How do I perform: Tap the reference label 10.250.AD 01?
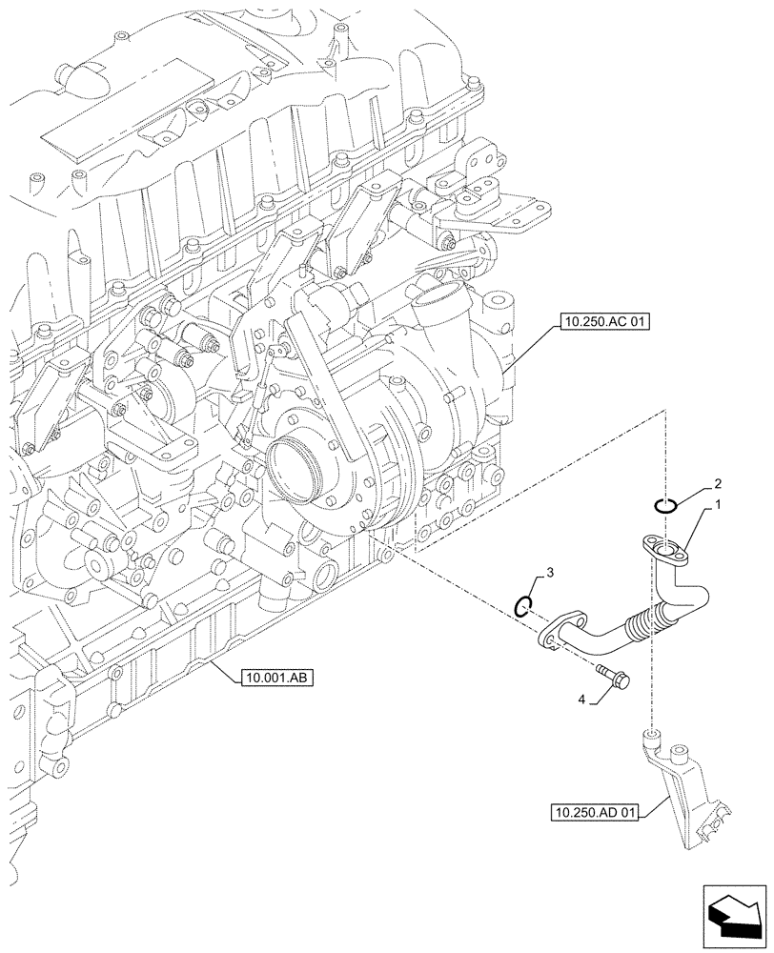[x=598, y=812]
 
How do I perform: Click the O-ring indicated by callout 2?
[x=665, y=506]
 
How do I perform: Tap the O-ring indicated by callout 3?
[x=522, y=605]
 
